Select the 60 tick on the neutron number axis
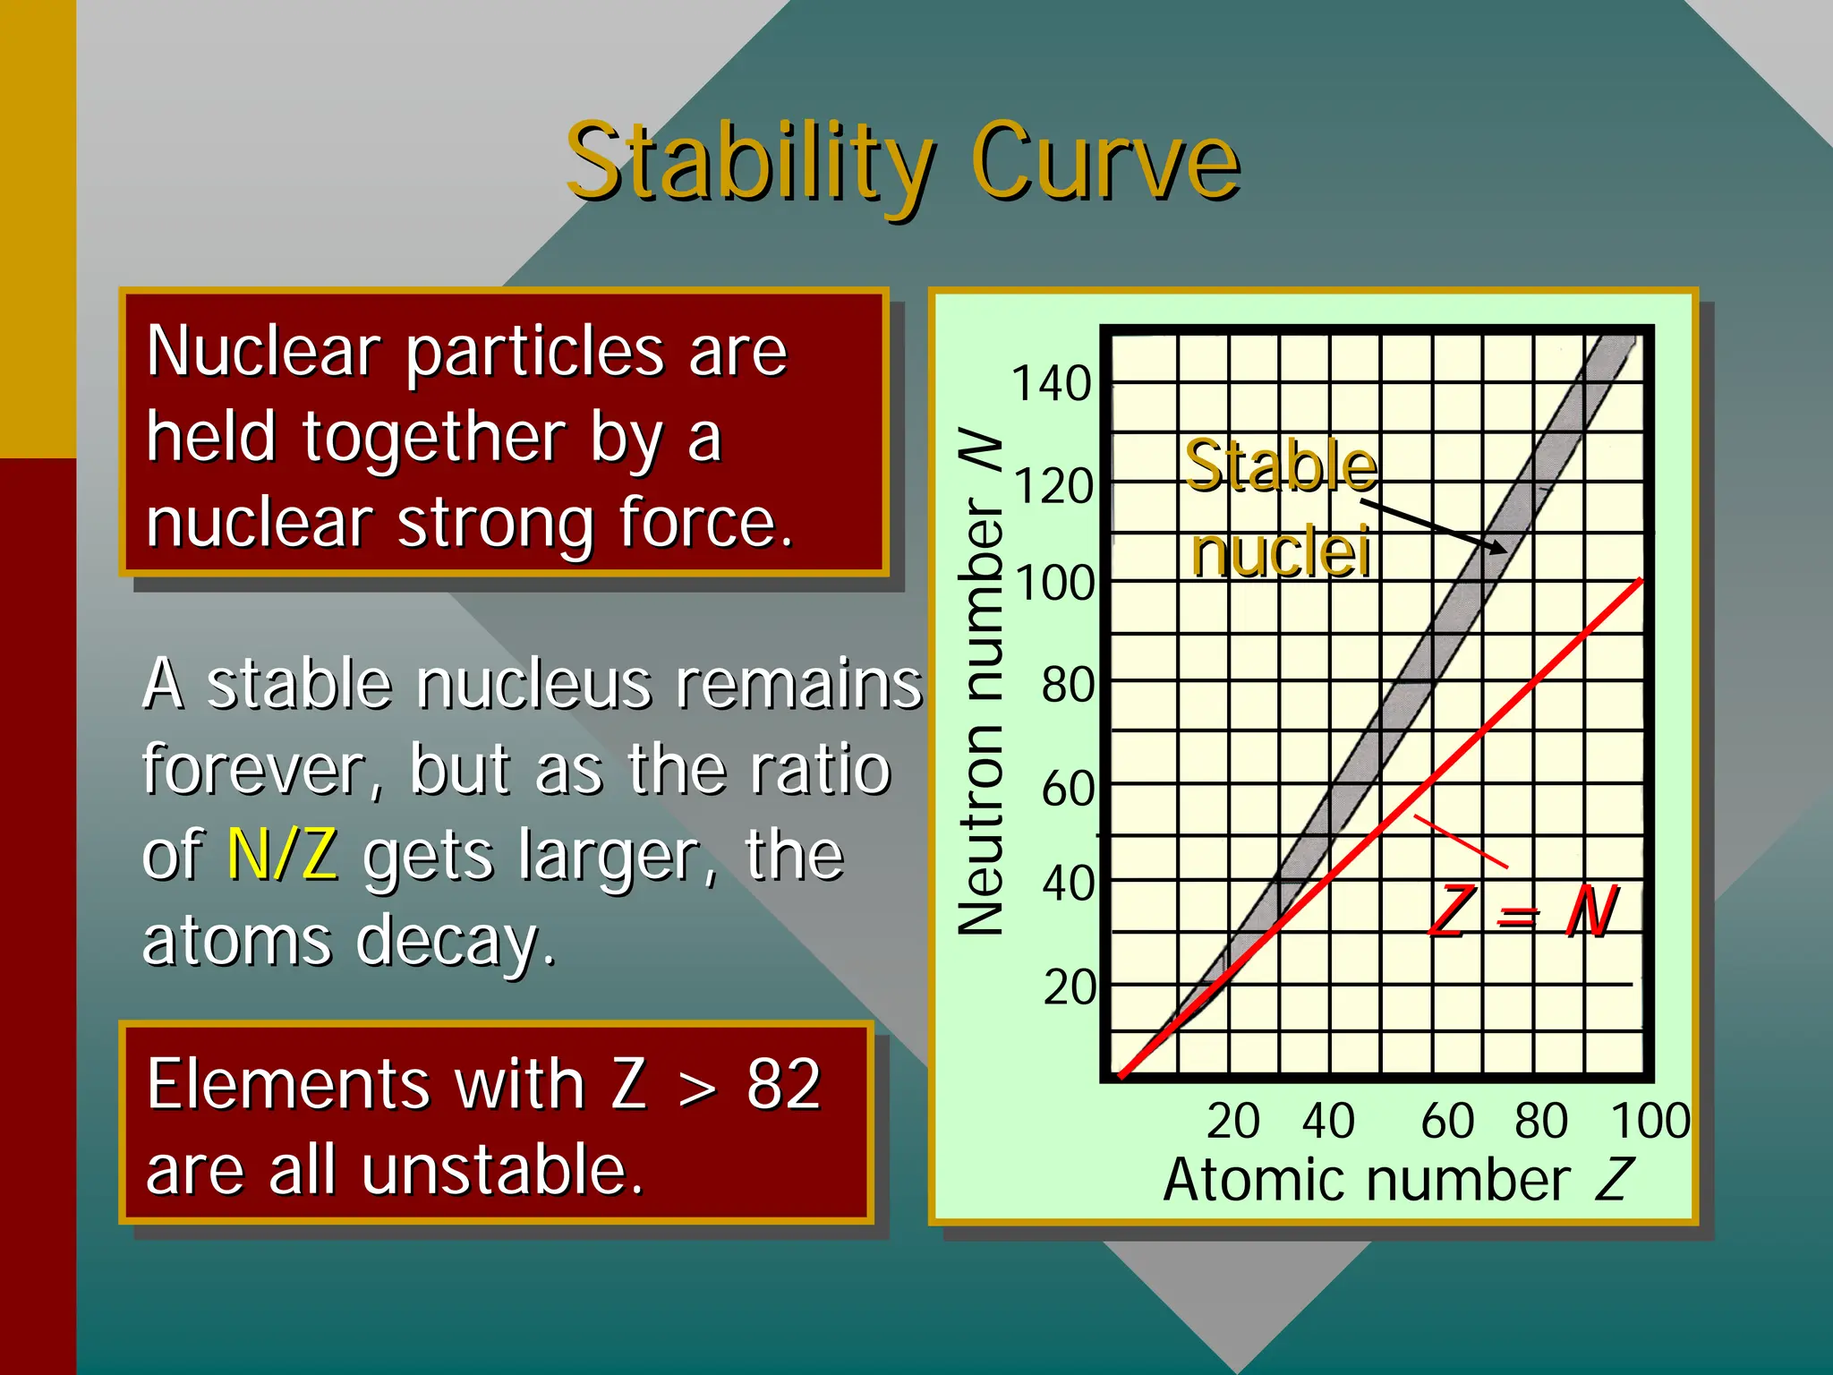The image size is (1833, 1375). coord(1067,790)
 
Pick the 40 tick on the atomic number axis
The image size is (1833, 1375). coord(1328,1121)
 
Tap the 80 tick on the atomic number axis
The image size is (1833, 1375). coord(1541,1121)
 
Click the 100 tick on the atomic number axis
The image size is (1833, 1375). coord(1650,1121)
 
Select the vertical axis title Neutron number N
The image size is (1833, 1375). coord(981,680)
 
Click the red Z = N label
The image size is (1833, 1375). coord(1522,912)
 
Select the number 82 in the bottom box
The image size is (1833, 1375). coord(783,1084)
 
